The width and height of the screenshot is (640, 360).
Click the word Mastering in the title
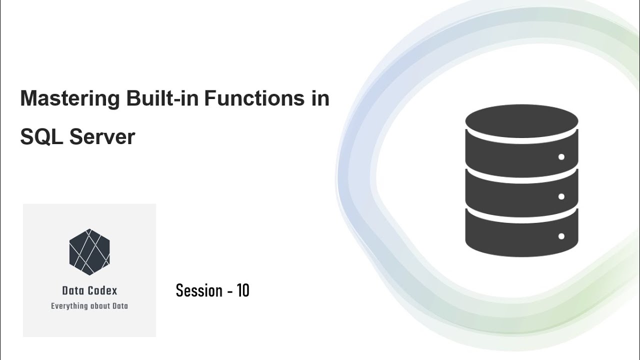pos(70,99)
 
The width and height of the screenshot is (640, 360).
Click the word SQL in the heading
pos(40,137)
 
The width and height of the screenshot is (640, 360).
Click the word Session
pos(199,290)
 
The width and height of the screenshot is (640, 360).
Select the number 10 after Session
pos(243,290)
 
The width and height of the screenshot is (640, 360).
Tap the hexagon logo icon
pos(89,252)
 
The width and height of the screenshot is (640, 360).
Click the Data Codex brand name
pos(89,290)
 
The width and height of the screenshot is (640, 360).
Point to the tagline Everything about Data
pos(89,306)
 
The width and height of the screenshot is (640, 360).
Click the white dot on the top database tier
pos(561,157)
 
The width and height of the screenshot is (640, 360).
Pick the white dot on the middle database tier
pos(561,196)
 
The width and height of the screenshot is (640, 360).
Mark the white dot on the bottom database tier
pos(561,236)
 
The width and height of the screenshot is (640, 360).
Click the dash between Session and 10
pos(230,291)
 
